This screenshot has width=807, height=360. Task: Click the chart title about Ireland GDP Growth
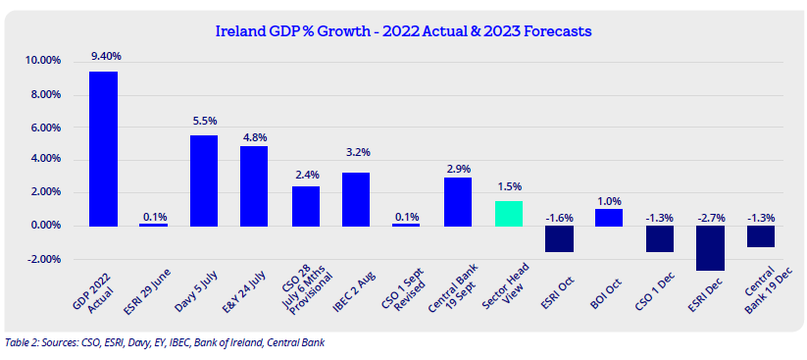(402, 31)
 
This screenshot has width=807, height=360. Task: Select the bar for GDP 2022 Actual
(103, 149)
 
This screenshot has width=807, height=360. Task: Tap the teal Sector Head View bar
(509, 214)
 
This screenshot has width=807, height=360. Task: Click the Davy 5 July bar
(204, 180)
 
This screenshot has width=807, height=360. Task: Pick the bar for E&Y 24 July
(254, 186)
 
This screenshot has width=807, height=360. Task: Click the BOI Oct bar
(608, 218)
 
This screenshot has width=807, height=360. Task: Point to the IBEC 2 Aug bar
(356, 199)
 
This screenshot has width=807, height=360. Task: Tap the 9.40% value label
(103, 55)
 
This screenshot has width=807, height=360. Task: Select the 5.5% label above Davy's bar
(204, 121)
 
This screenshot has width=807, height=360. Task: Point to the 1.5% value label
(509, 185)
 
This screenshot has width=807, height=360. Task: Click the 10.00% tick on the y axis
(43, 61)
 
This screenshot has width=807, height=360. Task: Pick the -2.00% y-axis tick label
(43, 259)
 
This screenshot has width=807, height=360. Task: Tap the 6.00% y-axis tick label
(45, 128)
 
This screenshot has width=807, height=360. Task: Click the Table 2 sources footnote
(165, 342)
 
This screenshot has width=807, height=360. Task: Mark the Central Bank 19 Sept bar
(458, 202)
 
